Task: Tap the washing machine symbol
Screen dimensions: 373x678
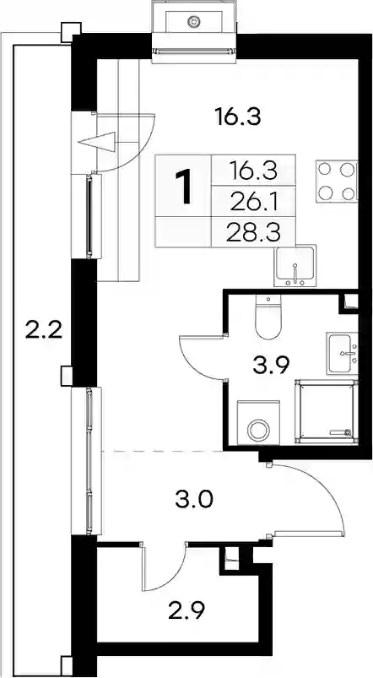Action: (258, 423)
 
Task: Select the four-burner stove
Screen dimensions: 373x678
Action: (337, 182)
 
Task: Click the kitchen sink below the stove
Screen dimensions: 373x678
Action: (295, 265)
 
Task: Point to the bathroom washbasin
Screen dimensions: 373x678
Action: (343, 353)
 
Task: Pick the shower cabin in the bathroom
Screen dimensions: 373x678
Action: (327, 412)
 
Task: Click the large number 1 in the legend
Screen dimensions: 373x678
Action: (184, 187)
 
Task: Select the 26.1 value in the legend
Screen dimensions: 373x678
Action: (254, 202)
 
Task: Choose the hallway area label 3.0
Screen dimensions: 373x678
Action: (194, 501)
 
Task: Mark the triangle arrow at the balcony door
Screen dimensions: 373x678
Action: (97, 141)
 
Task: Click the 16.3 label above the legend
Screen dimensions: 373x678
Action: (238, 117)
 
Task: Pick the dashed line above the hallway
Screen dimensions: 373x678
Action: (162, 451)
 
